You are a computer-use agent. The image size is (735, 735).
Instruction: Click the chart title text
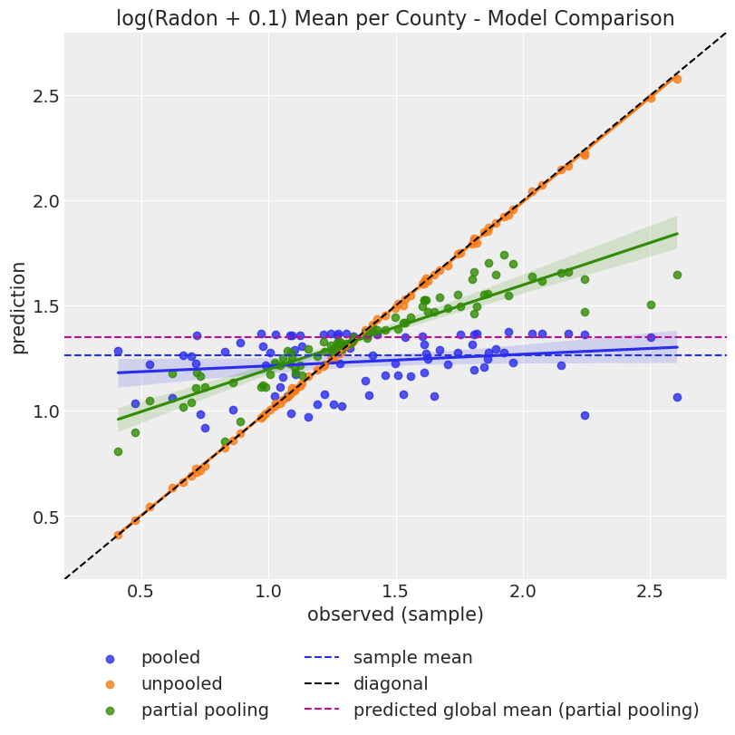(395, 18)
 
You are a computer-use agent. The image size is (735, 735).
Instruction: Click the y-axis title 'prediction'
(18, 307)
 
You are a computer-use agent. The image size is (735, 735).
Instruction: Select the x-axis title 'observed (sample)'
(395, 614)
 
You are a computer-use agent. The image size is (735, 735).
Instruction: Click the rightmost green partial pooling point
(677, 275)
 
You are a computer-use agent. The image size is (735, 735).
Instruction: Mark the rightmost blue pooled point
(677, 397)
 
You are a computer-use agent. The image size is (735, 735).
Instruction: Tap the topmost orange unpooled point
(677, 79)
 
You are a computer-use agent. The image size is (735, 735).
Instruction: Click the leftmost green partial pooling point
(118, 451)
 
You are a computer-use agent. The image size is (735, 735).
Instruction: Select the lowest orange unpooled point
(118, 535)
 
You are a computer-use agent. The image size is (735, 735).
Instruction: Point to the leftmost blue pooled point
(118, 351)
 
